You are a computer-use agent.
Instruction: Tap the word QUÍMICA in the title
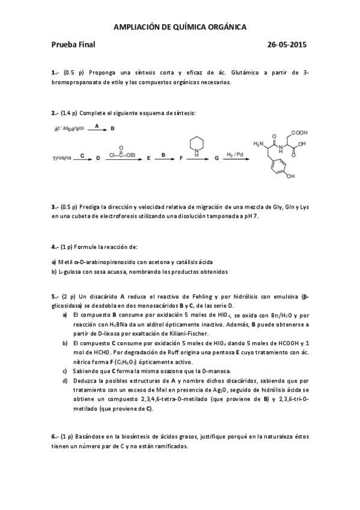pyautogui.click(x=187, y=26)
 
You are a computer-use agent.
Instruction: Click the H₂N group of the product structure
pyautogui.click(x=259, y=144)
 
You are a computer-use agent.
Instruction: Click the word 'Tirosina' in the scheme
pyautogui.click(x=63, y=158)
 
